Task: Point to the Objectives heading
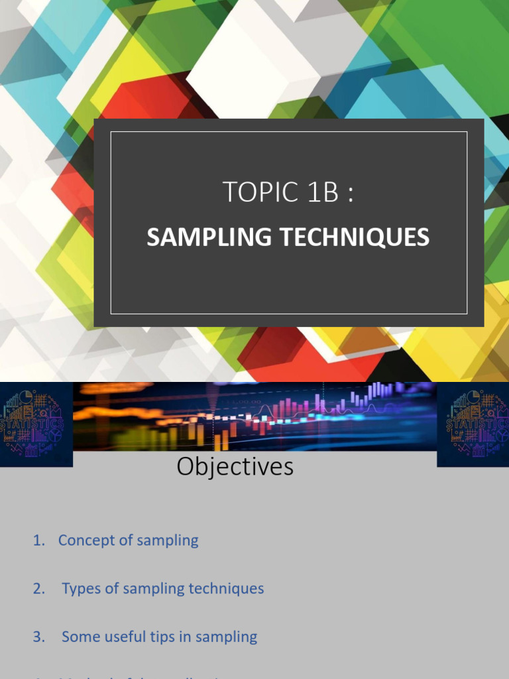pos(235,467)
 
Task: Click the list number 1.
pos(38,540)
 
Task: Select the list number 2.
pos(38,589)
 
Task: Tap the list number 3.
pos(38,637)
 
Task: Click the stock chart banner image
pos(254,416)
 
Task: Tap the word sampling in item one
pos(168,541)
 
